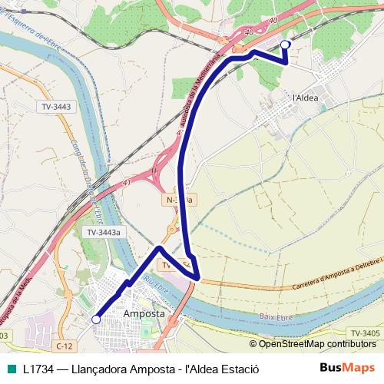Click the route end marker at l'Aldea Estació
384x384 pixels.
[286, 45]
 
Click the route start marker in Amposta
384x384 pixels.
[96, 319]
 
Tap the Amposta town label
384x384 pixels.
[144, 314]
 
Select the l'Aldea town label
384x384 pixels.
[306, 98]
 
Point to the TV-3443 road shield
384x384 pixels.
[56, 107]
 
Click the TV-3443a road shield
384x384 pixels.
[103, 232]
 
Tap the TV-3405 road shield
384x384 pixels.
[365, 333]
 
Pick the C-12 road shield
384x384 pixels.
[65, 347]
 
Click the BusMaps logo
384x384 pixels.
[348, 369]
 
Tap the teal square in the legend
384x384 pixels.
[8, 369]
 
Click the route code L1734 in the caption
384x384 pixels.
[38, 369]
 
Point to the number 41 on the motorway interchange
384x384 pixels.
[124, 184]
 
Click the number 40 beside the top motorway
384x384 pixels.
[273, 22]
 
